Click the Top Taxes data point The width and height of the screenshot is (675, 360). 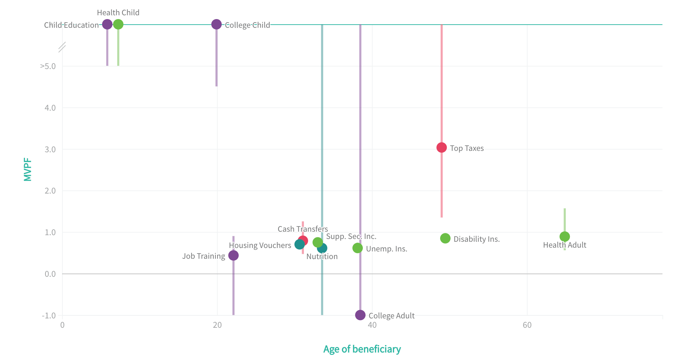pyautogui.click(x=441, y=147)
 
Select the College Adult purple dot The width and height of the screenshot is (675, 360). pyautogui.click(x=360, y=315)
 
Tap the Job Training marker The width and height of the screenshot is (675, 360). pyautogui.click(x=233, y=255)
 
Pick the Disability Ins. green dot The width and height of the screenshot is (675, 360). pyautogui.click(x=445, y=238)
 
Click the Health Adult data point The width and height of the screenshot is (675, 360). pyautogui.click(x=564, y=237)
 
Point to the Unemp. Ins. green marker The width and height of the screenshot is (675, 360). pyautogui.click(x=357, y=248)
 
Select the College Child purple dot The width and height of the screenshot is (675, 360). pyautogui.click(x=216, y=24)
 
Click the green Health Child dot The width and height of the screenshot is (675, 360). pyautogui.click(x=118, y=24)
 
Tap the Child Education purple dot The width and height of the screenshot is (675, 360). pyautogui.click(x=107, y=24)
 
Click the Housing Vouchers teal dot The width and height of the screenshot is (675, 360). pyautogui.click(x=299, y=244)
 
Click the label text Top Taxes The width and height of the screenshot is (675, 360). pyautogui.click(x=467, y=148)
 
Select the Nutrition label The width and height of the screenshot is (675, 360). pyautogui.click(x=322, y=256)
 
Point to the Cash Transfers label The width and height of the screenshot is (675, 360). pyautogui.click(x=302, y=229)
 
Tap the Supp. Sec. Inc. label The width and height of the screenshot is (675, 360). pyautogui.click(x=351, y=236)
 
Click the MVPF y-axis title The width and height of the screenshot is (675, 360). pyautogui.click(x=28, y=170)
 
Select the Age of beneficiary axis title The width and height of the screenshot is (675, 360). pyautogui.click(x=362, y=349)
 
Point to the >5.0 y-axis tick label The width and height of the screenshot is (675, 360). pyautogui.click(x=48, y=66)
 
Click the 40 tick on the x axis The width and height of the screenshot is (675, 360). pyautogui.click(x=372, y=325)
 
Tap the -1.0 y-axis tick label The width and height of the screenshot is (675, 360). pyautogui.click(x=49, y=316)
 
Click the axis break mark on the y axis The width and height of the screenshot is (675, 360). pyautogui.click(x=62, y=47)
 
